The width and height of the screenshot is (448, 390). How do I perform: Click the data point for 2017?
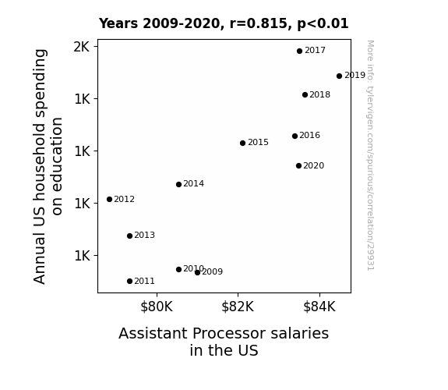click(x=299, y=51)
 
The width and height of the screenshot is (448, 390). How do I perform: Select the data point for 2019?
click(x=339, y=76)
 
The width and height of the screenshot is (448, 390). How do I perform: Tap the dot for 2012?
click(x=109, y=199)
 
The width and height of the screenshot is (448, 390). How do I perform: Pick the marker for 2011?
click(x=129, y=282)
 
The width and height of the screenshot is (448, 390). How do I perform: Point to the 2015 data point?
click(x=242, y=143)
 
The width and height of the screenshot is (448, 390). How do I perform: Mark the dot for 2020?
click(x=299, y=165)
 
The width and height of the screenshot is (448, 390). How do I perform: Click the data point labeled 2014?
click(x=179, y=185)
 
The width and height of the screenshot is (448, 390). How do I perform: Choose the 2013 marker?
click(x=129, y=236)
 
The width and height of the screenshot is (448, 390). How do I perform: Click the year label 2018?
click(x=319, y=94)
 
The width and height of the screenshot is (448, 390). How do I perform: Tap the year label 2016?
click(x=310, y=136)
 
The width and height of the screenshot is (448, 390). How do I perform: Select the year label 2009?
click(x=212, y=271)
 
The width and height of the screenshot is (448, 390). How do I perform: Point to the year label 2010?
click(x=193, y=268)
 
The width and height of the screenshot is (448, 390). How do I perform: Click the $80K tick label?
click(x=157, y=307)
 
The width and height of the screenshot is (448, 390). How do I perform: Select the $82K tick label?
click(x=238, y=307)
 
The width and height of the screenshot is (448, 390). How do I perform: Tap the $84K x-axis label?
click(x=319, y=307)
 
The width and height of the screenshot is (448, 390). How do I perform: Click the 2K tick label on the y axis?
click(x=82, y=47)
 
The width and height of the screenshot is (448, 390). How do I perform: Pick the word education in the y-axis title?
click(x=57, y=166)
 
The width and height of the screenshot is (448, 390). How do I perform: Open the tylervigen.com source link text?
click(x=371, y=155)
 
